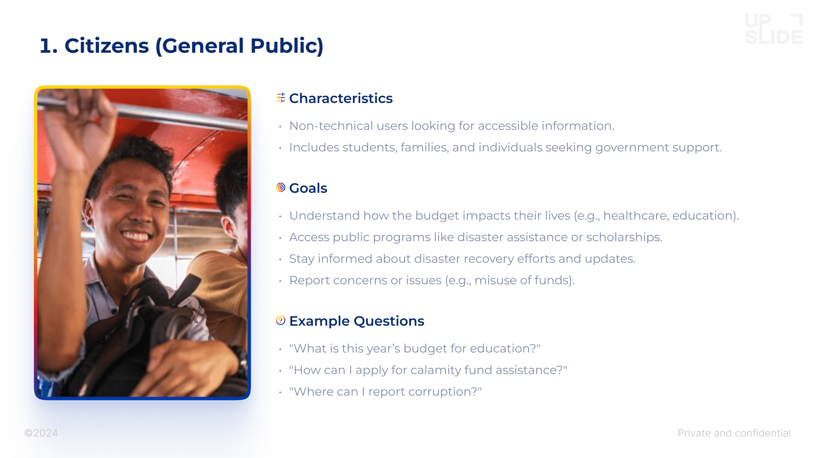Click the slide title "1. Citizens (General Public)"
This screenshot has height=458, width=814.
[182, 46]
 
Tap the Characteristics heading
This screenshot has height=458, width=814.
[341, 98]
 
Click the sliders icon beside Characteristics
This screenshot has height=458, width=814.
[281, 98]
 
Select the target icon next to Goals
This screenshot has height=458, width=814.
[281, 188]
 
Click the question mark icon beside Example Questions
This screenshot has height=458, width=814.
[281, 320]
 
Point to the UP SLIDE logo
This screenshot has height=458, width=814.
[774, 29]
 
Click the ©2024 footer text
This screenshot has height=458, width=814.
[41, 433]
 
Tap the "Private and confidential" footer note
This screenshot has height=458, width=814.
[734, 433]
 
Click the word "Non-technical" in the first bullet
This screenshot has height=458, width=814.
[331, 126]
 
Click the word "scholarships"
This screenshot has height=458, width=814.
[624, 237]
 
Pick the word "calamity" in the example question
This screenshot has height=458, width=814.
[436, 370]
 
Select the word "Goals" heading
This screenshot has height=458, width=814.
[308, 188]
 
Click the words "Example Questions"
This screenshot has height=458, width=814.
[357, 321]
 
